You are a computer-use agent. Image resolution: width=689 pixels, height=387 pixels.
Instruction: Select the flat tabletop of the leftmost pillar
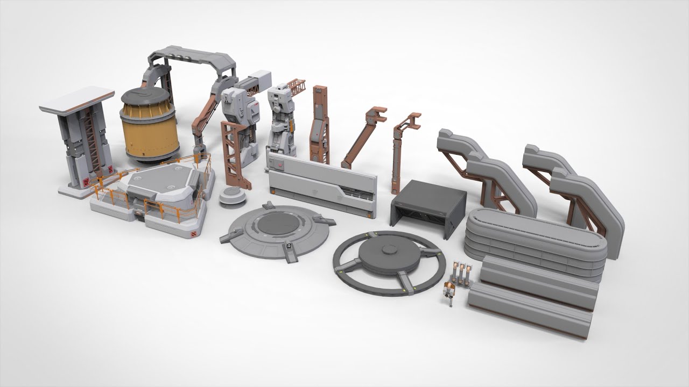click(76, 101)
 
